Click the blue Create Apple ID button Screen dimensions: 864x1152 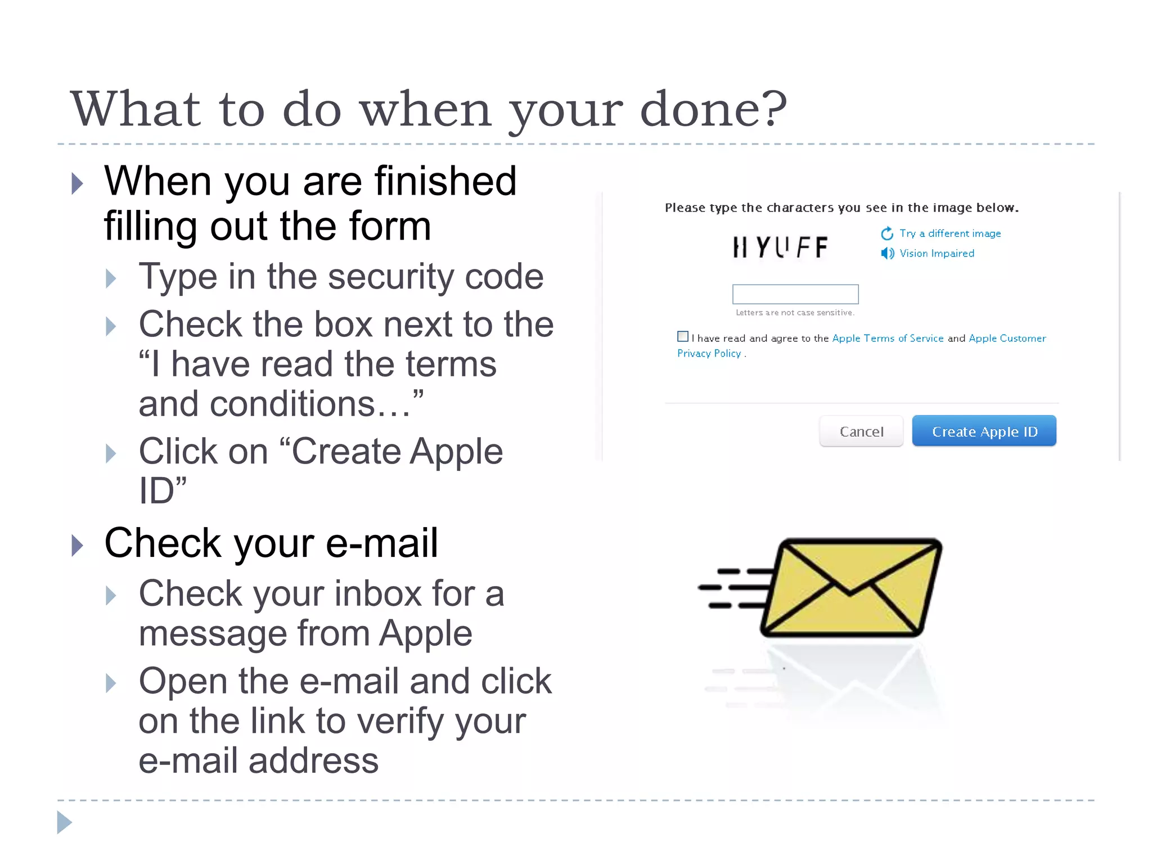tap(984, 431)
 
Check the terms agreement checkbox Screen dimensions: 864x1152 tap(682, 336)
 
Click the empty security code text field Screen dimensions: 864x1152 tap(795, 294)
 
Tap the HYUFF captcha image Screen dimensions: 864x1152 tap(780, 247)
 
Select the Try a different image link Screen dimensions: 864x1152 tap(949, 233)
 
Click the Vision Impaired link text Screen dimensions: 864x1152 tap(937, 253)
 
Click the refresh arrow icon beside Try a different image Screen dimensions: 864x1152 tap(887, 233)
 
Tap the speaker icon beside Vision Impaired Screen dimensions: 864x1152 tap(887, 253)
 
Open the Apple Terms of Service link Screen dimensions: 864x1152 tap(888, 338)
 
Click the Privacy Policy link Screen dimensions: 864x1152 tap(709, 353)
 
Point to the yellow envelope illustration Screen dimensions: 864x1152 tap(849, 588)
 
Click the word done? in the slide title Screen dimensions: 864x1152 tap(713, 109)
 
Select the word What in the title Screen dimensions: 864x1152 tap(135, 109)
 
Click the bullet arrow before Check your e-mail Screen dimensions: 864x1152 tap(78, 545)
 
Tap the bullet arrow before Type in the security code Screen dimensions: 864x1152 tap(111, 278)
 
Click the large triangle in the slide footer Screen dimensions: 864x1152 tap(64, 822)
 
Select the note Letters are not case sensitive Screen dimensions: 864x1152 tap(795, 313)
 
